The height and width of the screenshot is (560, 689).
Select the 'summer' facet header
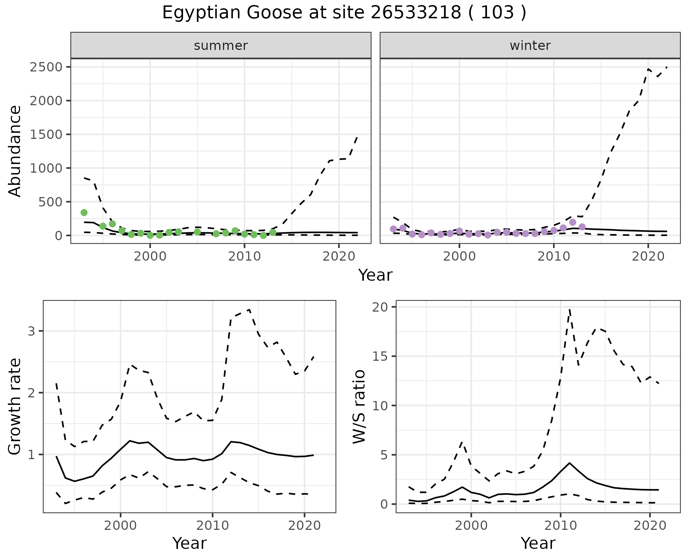click(x=221, y=46)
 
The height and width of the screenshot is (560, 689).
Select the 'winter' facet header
click(x=530, y=46)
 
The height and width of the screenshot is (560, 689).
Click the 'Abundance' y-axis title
click(x=15, y=151)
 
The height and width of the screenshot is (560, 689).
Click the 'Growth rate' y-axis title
click(x=15, y=407)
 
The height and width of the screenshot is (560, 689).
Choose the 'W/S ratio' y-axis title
click(x=359, y=407)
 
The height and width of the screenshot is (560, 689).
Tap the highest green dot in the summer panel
click(x=84, y=213)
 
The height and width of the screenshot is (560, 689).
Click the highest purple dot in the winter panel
click(x=573, y=222)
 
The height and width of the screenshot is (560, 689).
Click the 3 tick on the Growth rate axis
click(x=32, y=331)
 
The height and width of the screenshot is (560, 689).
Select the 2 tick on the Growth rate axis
click(x=32, y=393)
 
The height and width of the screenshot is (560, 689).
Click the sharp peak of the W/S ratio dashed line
click(x=570, y=309)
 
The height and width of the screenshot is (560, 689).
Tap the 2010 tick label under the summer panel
click(x=244, y=256)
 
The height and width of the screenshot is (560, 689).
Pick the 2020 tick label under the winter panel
click(x=648, y=256)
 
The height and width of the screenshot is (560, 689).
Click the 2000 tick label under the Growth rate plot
click(x=121, y=526)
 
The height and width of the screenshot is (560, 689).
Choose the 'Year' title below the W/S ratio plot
click(x=538, y=543)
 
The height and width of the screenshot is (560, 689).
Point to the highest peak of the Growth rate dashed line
click(x=249, y=309)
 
